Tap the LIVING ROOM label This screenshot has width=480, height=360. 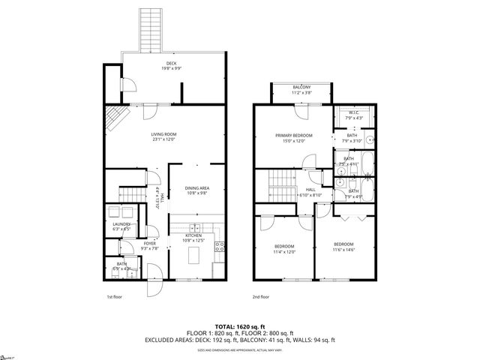pos(163,136)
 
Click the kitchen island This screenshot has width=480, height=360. pos(196,256)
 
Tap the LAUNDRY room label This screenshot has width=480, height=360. pos(121,225)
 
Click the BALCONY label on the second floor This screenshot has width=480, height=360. pos(301,89)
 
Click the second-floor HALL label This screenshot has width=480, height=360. pos(310,192)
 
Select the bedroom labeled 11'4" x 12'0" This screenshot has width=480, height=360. pos(283,248)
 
